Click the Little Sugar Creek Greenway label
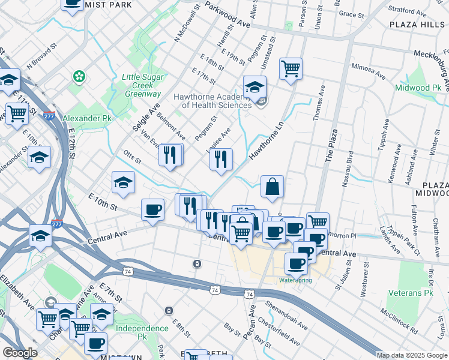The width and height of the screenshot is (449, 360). coord(142,85)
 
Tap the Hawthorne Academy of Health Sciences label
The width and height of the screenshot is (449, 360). coord(212,101)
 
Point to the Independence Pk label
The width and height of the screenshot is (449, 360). coord(142,328)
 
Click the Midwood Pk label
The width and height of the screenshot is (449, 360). coord(418,88)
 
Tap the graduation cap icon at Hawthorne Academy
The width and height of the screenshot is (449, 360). coord(255,87)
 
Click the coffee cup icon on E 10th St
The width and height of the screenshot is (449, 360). coord(152,210)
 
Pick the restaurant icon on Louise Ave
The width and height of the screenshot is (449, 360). coord(221,159)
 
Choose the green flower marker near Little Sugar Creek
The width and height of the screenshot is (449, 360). coord(78,76)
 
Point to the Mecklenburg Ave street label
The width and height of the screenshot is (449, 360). coord(431,60)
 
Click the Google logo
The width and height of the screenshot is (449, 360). coord(20,353)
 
